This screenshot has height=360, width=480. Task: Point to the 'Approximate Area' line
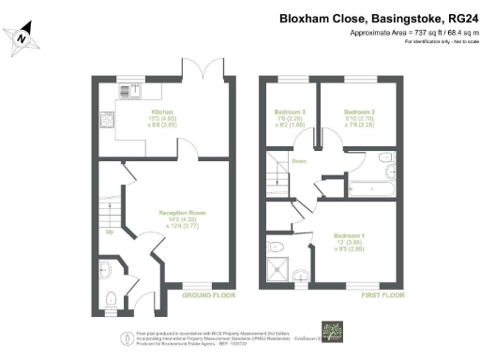[411, 33]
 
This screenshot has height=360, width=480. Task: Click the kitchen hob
[109, 119]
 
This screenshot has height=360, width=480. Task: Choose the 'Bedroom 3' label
[288, 112]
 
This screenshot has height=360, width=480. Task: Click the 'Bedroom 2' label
[361, 112]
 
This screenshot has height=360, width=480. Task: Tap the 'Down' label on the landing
[299, 160]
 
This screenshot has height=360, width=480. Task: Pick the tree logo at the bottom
[332, 332]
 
